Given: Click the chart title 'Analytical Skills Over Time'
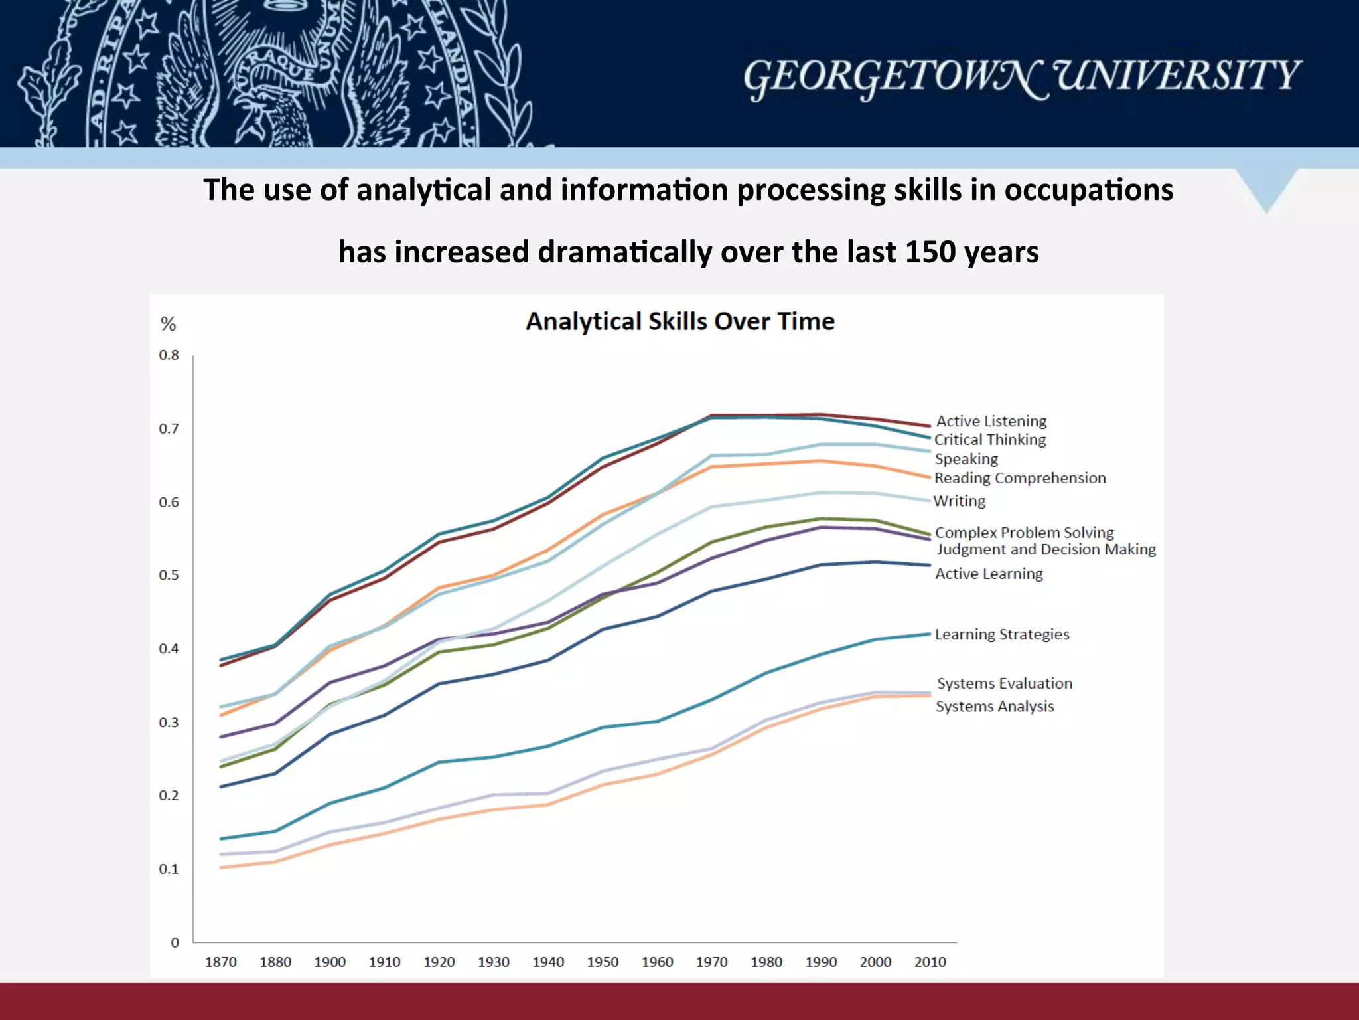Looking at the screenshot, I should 679,321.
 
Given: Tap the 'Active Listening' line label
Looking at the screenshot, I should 991,421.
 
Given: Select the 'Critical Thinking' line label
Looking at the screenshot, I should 990,440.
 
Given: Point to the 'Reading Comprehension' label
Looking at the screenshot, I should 1020,478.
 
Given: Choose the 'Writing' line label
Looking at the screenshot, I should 960,501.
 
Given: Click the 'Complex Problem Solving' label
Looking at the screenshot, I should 1024,532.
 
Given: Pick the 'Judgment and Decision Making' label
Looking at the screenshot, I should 1046,549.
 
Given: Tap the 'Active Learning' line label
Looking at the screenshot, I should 989,574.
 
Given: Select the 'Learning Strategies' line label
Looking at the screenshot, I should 1002,634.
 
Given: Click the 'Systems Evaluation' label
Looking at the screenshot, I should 1005,683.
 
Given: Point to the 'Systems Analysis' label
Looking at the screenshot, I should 995,706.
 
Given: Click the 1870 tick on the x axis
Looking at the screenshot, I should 221,962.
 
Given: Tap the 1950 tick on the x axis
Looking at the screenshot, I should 603,962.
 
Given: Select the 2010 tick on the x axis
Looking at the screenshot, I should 930,962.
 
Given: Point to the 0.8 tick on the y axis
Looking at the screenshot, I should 169,355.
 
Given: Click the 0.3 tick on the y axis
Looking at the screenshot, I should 169,722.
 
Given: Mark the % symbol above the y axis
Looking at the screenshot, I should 168,324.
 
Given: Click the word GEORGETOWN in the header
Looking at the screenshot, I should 896,77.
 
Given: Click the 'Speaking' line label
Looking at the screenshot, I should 966,459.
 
